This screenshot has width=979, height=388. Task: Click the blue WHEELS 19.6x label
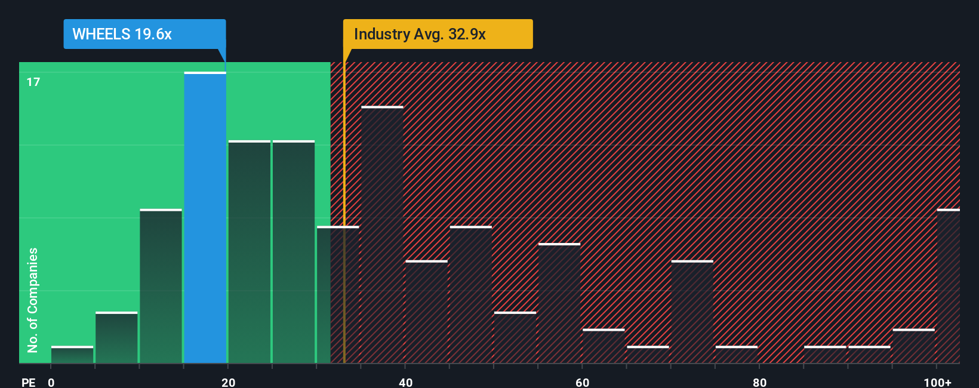[x=144, y=34]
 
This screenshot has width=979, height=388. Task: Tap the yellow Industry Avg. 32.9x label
[x=437, y=34]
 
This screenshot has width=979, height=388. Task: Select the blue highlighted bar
[x=205, y=218]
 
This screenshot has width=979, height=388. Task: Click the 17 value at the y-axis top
[x=33, y=82]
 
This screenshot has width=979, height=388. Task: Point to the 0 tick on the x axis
[x=51, y=382]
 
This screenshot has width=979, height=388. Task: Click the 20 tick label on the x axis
[x=228, y=382]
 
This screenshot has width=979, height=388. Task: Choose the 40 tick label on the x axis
[x=405, y=382]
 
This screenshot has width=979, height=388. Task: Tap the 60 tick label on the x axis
[x=583, y=382]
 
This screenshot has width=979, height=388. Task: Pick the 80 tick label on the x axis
[x=759, y=382]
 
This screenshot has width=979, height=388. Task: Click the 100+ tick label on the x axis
[x=937, y=382]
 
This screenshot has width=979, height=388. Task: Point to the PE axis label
[x=28, y=382]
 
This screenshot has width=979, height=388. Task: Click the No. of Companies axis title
[x=33, y=300]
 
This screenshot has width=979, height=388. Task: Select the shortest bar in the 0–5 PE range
[x=72, y=355]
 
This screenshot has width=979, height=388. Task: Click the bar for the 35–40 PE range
[x=382, y=235]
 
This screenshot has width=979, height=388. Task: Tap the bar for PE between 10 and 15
[x=161, y=287]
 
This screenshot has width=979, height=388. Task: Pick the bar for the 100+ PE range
[x=948, y=287]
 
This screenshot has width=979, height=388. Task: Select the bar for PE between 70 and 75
[x=692, y=312]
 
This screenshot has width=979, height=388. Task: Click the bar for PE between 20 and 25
[x=249, y=252]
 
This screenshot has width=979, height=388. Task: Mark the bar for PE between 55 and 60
[x=559, y=303]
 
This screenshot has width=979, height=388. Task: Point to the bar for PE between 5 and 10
[x=116, y=338]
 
